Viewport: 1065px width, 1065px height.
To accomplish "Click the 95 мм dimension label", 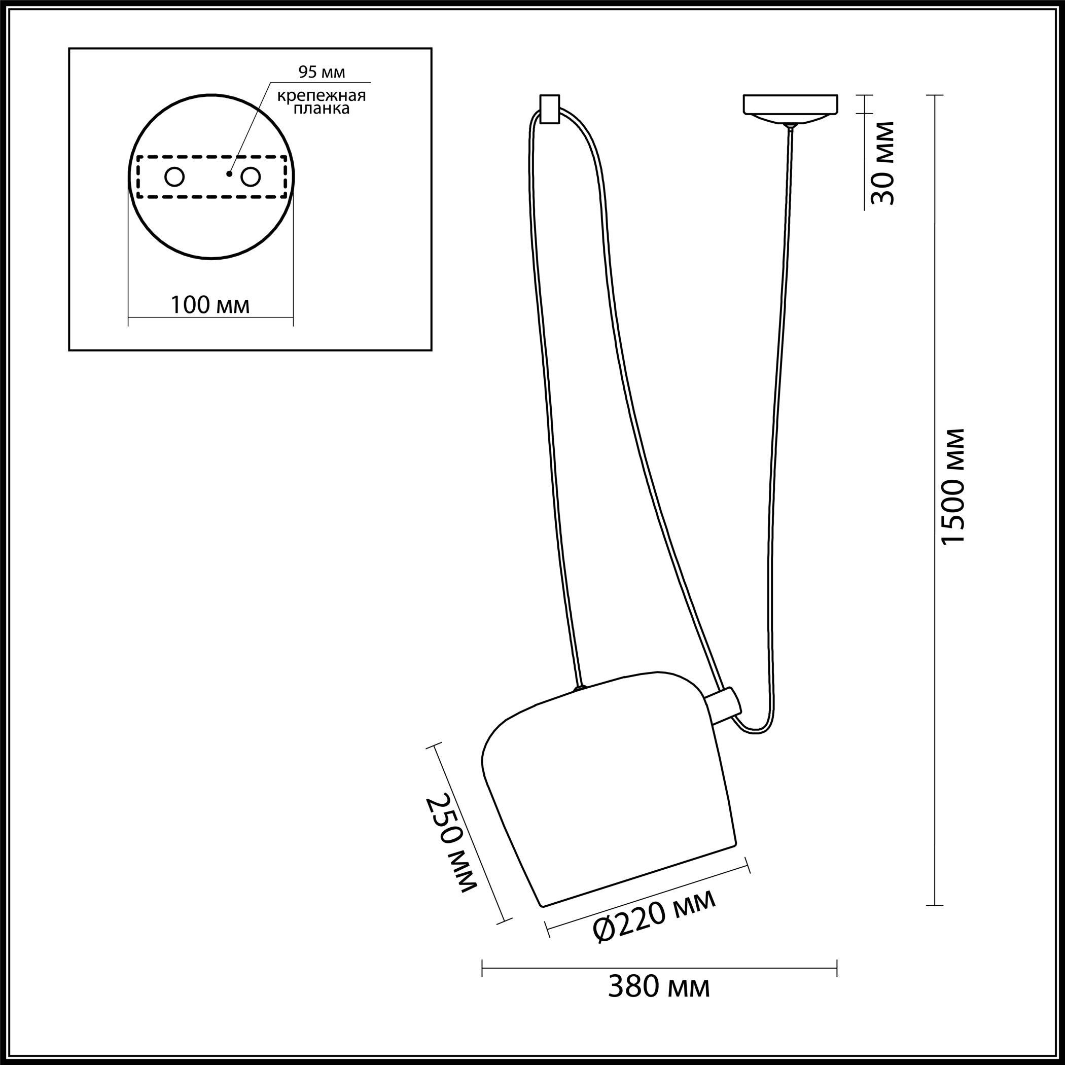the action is coord(322,72).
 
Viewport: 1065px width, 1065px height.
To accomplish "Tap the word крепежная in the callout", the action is coord(322,95).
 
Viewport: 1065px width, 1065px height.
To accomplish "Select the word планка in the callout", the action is coord(322,109).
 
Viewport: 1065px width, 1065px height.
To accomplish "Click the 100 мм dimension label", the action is coord(210,305).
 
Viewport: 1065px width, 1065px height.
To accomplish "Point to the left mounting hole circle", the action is coord(175,177).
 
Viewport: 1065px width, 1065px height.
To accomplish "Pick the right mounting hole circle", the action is coord(250,177).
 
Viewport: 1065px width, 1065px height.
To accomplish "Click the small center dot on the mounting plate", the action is coord(229,174).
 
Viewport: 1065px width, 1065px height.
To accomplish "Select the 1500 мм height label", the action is coord(953,487).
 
